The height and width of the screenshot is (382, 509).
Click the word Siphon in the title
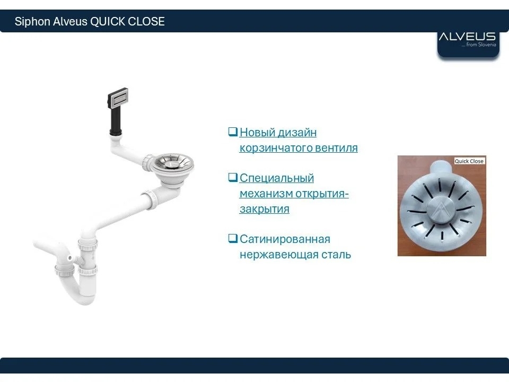(32, 21)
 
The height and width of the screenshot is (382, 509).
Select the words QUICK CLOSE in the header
(127, 21)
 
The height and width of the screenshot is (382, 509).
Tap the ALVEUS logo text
(467, 37)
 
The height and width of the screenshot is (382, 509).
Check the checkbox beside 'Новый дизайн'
(233, 132)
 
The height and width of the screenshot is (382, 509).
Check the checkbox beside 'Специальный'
(233, 177)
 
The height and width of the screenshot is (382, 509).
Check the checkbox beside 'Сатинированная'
(233, 238)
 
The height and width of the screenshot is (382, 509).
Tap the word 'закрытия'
(264, 209)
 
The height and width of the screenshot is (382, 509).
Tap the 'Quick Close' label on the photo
(469, 161)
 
